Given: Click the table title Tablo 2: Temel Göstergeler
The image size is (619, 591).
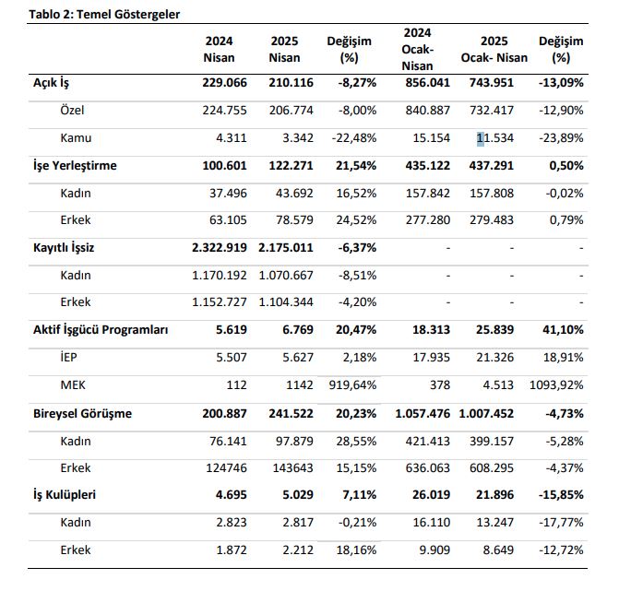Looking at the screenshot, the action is (104, 15).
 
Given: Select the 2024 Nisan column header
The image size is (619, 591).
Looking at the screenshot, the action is (220, 49).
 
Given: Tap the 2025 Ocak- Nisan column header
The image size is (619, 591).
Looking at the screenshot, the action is (494, 49).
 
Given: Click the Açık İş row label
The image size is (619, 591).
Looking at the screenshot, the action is (51, 83).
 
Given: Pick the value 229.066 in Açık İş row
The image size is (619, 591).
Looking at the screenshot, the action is (224, 82).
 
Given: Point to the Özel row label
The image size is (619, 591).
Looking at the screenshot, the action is (72, 110).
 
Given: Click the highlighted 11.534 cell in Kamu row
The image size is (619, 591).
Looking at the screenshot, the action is (495, 138).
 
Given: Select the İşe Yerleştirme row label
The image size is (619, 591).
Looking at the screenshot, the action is (75, 166).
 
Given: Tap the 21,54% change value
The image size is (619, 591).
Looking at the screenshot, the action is (356, 166).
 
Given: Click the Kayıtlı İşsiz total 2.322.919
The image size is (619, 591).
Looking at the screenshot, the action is (220, 248).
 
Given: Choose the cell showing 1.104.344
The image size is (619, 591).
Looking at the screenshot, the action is (286, 302).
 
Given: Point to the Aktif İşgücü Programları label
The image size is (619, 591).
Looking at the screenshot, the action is (101, 330).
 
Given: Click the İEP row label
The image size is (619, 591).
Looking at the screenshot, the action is (68, 358).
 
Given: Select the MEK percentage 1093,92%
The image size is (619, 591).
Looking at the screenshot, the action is (556, 385).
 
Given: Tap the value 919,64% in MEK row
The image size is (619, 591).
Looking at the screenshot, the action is (352, 385).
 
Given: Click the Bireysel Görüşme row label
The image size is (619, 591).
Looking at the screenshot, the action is (82, 414).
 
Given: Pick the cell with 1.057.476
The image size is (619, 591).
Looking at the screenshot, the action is (423, 413).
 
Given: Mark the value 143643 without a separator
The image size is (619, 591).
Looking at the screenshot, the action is (293, 467).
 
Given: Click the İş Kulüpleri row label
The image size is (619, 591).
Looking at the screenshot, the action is (65, 495).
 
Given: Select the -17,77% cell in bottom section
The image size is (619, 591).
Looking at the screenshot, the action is (561, 523).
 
